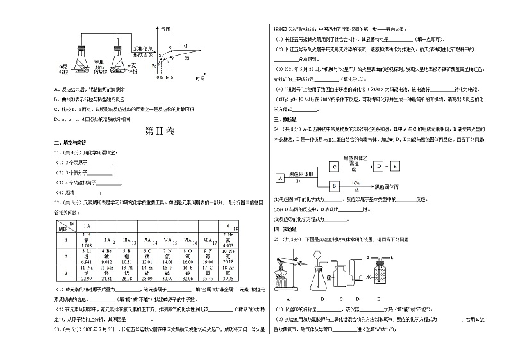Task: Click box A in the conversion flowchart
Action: coord(280,177)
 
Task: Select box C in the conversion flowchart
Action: coord(334,166)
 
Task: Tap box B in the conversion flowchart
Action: coord(334,186)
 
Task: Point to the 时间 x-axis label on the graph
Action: coord(199,78)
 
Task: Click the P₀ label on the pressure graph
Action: coord(154,65)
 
